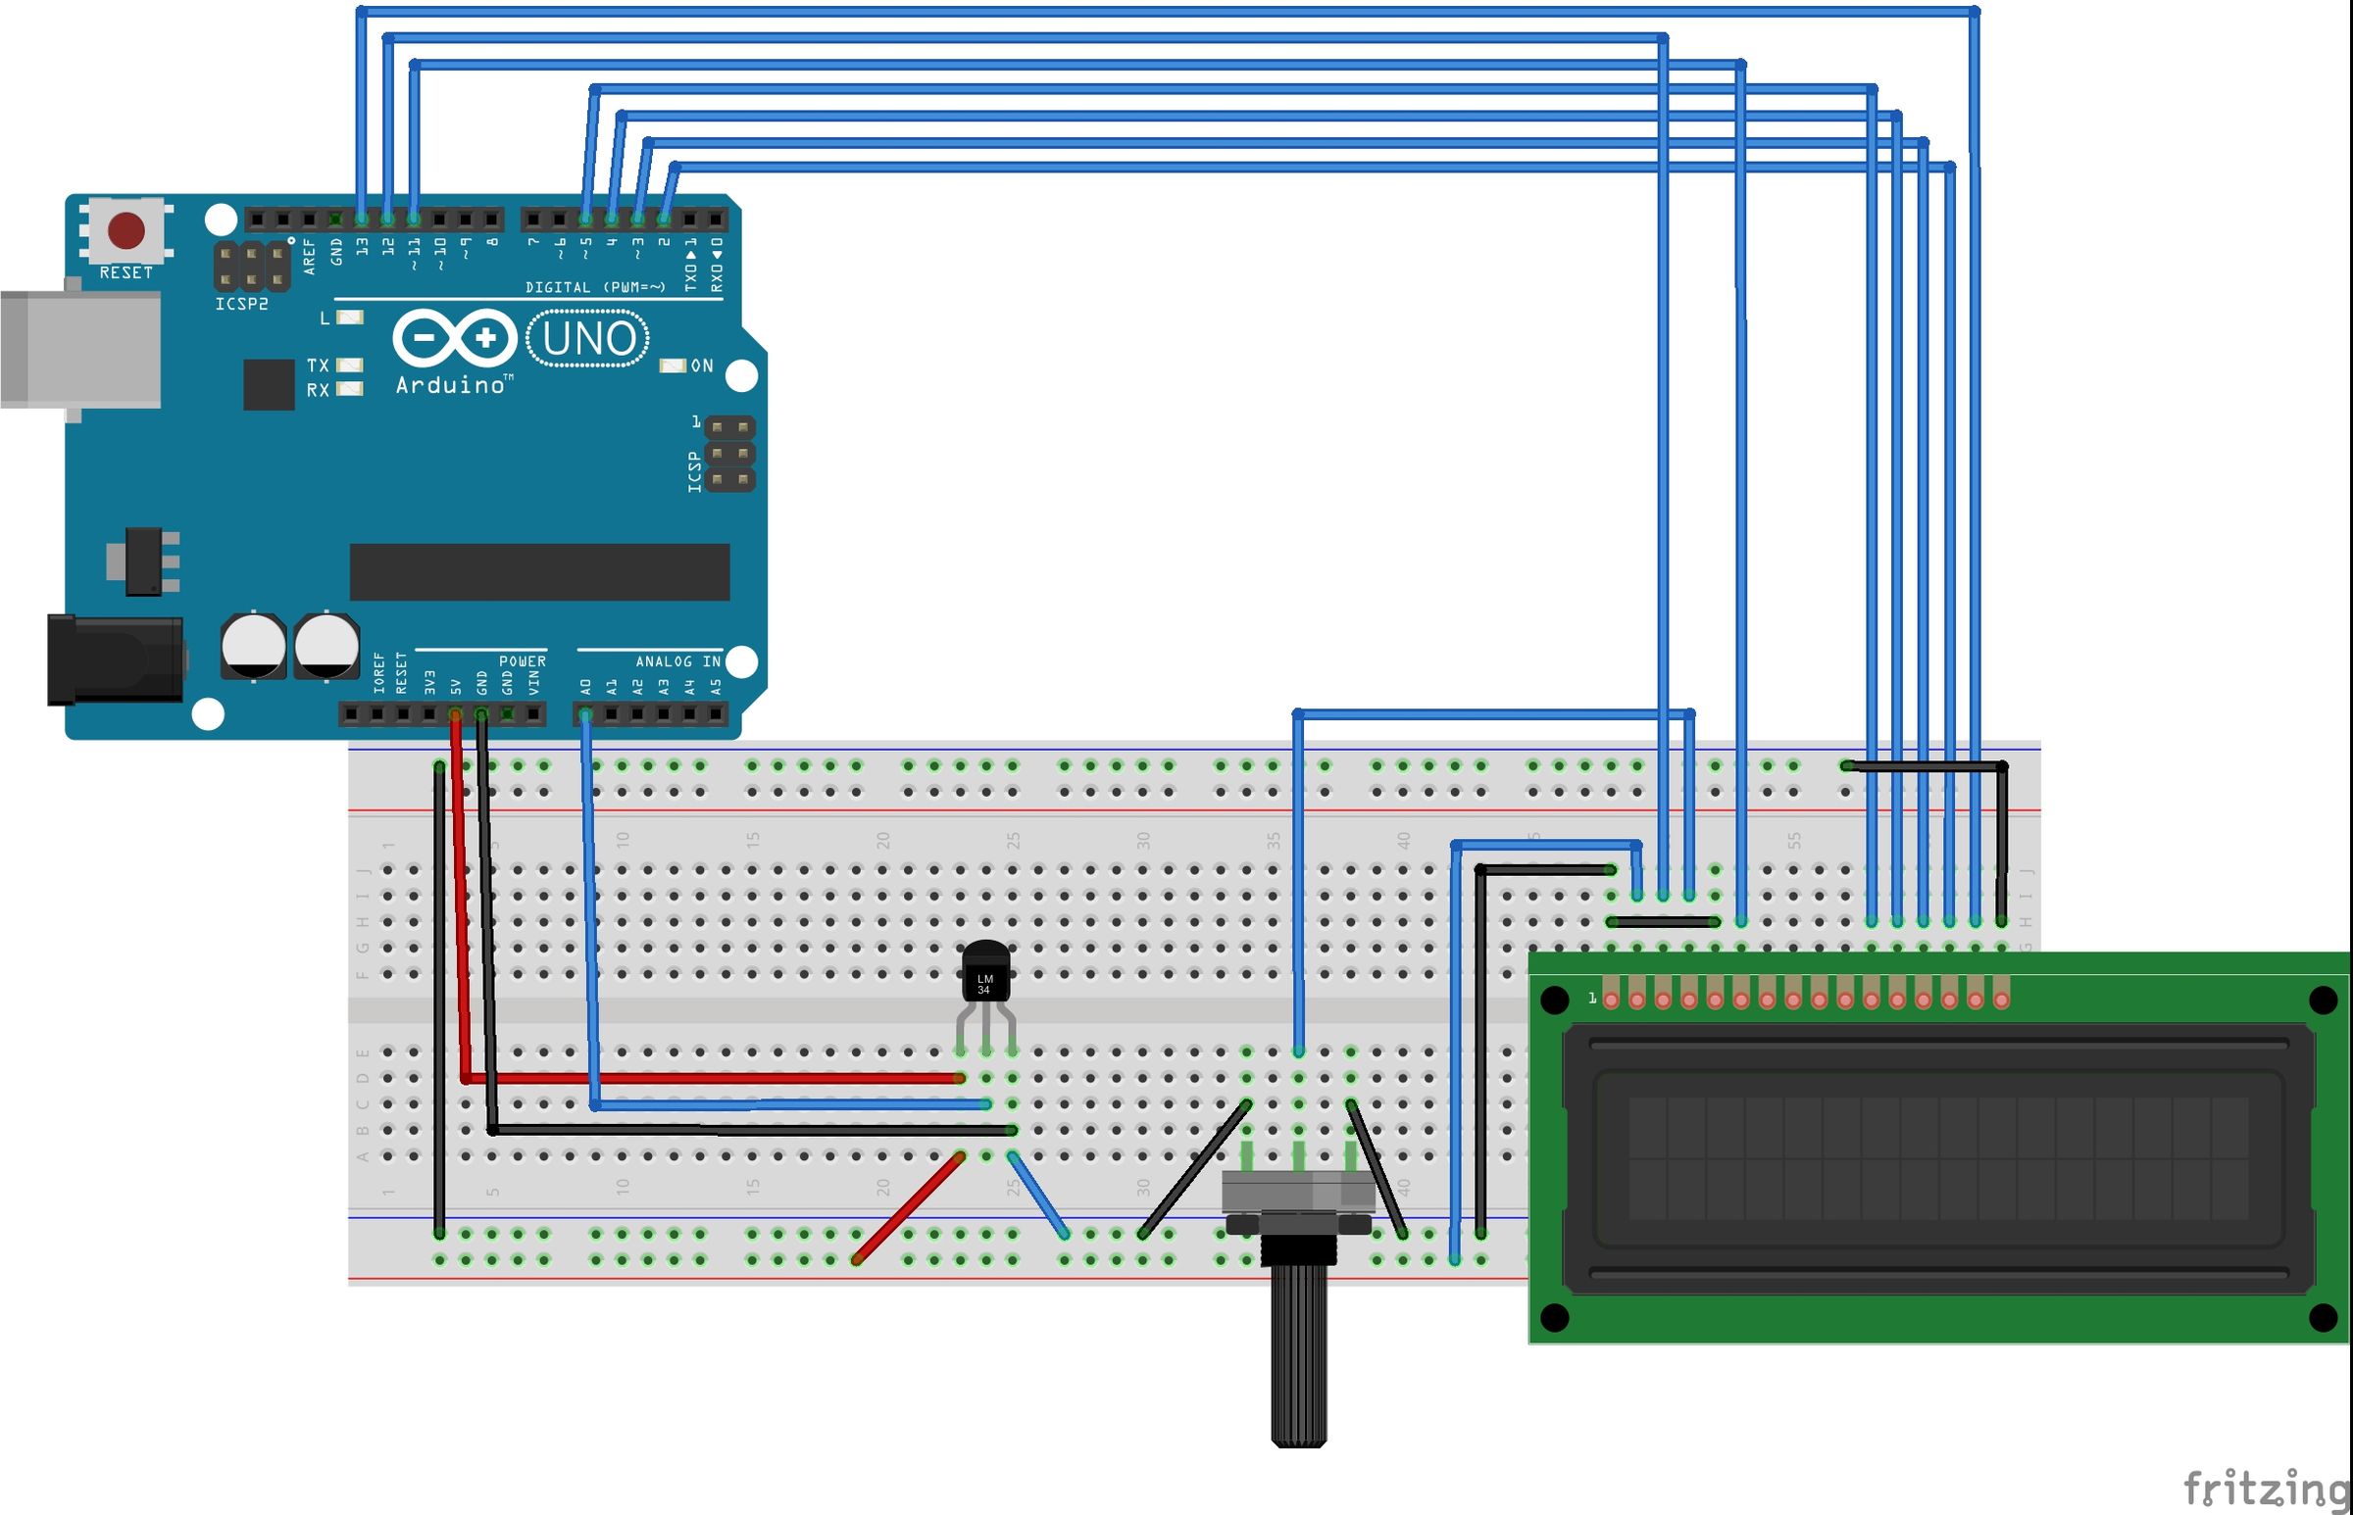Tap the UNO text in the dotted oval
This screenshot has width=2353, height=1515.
tap(588, 338)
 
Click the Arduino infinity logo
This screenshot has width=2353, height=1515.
tap(455, 339)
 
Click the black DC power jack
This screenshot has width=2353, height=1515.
tap(115, 660)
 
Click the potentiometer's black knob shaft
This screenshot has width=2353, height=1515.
tap(1298, 1357)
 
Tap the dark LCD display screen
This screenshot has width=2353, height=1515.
tap(1936, 1159)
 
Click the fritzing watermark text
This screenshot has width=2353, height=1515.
tap(2264, 1488)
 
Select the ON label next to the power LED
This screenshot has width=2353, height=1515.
tap(702, 366)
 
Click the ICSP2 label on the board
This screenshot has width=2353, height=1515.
tap(241, 304)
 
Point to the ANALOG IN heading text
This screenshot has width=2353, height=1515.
tap(678, 661)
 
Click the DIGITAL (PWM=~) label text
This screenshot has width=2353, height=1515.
tap(594, 287)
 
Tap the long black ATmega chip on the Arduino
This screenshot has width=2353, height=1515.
tap(539, 571)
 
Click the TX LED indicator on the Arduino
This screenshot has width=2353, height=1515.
tap(349, 365)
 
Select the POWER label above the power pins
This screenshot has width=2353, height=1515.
tap(522, 661)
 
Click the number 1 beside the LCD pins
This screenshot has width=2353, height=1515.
tap(1592, 999)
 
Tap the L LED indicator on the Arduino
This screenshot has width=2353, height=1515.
tap(349, 318)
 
